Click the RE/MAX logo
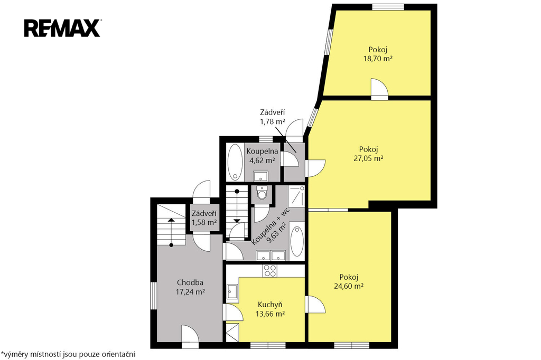click(62, 28)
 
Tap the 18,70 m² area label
click(378, 58)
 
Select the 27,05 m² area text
click(368, 158)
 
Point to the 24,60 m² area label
click(349, 286)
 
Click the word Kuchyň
click(270, 305)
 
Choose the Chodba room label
click(190, 283)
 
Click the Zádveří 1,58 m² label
click(204, 218)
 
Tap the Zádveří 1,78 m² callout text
click(272, 117)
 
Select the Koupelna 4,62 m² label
click(262, 156)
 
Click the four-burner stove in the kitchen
click(269, 271)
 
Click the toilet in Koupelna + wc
click(262, 193)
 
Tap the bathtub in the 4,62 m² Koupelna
click(235, 162)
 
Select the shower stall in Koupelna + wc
click(297, 196)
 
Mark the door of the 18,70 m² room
click(379, 89)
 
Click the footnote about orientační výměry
click(68, 354)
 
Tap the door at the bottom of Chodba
click(190, 336)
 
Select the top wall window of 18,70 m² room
click(388, 7)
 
